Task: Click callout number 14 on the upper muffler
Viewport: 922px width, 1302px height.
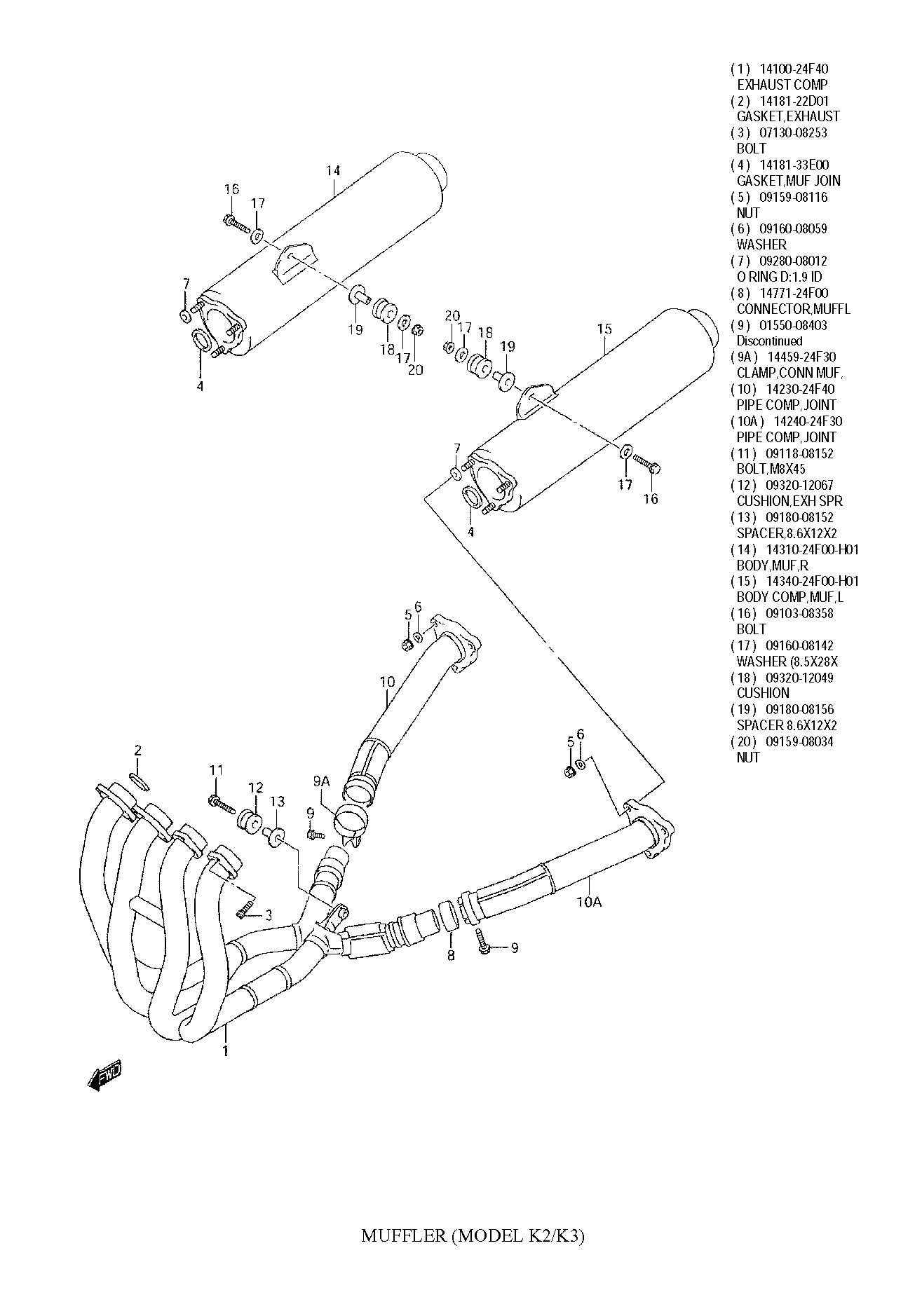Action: (333, 170)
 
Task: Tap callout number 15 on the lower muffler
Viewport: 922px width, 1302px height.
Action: (604, 329)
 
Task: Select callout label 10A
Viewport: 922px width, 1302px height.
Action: (590, 902)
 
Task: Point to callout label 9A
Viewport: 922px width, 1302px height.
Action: (321, 781)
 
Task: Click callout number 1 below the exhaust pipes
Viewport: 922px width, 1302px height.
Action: (226, 1050)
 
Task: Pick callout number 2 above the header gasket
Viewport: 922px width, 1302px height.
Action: (138, 751)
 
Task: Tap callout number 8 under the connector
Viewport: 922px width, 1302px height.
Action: (451, 955)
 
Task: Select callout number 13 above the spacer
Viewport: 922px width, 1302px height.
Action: (278, 801)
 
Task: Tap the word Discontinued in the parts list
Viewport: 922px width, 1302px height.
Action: (769, 341)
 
